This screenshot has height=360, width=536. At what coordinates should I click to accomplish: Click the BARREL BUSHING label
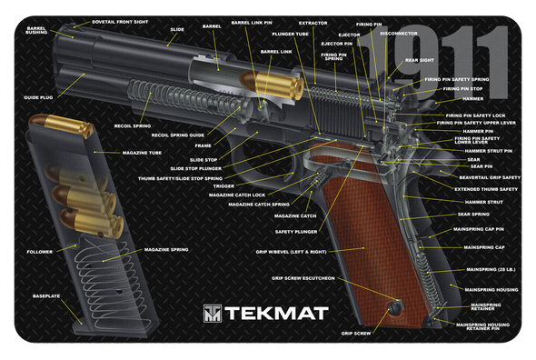(36, 31)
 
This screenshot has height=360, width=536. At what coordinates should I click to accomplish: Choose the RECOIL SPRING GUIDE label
(178, 135)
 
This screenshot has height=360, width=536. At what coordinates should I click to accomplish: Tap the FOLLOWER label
(40, 251)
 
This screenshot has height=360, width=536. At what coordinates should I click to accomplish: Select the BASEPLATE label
(45, 296)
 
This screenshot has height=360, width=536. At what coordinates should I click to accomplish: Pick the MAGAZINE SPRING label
(165, 249)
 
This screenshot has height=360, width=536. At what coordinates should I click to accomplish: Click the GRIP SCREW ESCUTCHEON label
(303, 277)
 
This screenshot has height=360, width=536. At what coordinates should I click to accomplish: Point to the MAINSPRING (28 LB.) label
(491, 269)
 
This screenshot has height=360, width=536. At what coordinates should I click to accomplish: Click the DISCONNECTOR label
(399, 34)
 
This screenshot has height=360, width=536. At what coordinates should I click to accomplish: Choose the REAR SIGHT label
(420, 60)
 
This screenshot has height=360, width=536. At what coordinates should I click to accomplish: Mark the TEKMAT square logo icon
(211, 315)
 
